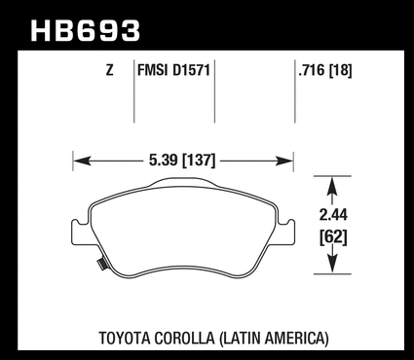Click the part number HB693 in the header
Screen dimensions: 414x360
86,31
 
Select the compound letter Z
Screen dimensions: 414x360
110,70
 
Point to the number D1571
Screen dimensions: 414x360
192,70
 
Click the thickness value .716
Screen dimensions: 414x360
312,70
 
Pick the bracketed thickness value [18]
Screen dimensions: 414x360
341,70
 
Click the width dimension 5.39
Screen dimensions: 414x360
164,161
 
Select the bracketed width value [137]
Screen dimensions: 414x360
199,161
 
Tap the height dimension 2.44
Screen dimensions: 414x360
333,215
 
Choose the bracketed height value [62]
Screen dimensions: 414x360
333,237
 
